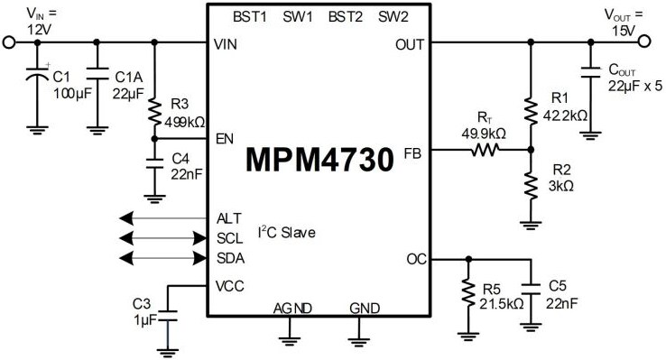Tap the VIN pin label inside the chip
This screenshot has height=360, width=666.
(x=226, y=43)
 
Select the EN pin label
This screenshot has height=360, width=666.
(x=226, y=139)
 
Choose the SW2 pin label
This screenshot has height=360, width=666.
(x=394, y=17)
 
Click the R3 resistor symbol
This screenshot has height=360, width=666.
(x=155, y=114)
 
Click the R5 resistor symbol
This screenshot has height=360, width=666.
(x=467, y=292)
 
